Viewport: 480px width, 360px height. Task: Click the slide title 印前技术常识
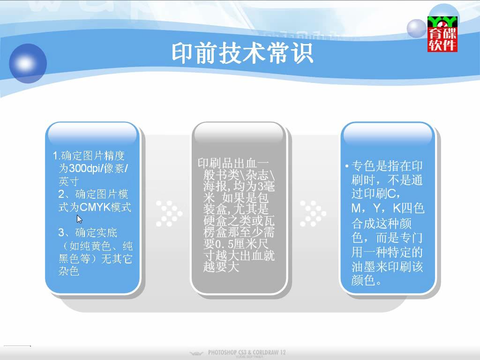tap(242, 53)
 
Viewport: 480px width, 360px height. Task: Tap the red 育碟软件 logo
tap(442, 34)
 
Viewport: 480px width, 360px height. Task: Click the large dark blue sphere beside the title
tap(28, 63)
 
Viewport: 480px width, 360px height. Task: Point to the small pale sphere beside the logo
tap(416, 29)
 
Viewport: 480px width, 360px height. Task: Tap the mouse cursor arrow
tap(79, 219)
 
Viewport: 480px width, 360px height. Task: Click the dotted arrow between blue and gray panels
tap(169, 213)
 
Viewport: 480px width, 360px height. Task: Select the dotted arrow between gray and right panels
tap(313, 213)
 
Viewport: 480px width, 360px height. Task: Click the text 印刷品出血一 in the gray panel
tap(233, 163)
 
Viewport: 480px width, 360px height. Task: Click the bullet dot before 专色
tap(346, 166)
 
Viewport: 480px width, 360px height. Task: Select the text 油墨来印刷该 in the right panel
tap(387, 266)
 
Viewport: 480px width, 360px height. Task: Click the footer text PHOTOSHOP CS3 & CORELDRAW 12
tap(247, 352)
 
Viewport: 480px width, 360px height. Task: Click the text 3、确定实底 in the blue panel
tap(88, 232)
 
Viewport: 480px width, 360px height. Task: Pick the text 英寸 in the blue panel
tap(68, 181)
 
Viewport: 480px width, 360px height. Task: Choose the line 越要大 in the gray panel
tap(221, 267)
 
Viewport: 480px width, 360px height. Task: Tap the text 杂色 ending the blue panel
tap(69, 271)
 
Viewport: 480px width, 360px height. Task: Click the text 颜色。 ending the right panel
tap(367, 280)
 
